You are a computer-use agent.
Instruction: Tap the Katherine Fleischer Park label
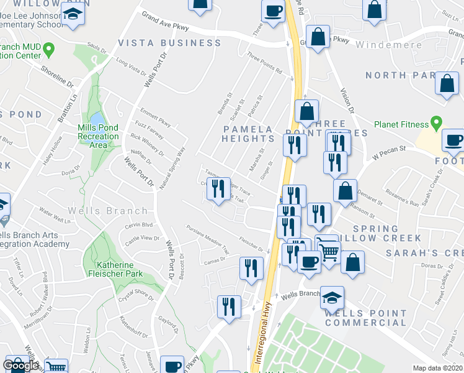pyautogui.click(x=115, y=269)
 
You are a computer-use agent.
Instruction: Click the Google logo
pyautogui.click(x=20, y=365)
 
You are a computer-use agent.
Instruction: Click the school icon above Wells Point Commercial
pyautogui.click(x=332, y=297)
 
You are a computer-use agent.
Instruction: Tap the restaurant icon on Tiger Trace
pyautogui.click(x=218, y=188)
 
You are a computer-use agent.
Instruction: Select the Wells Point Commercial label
pyautogui.click(x=365, y=318)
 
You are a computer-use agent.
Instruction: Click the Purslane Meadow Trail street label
pyautogui.click(x=208, y=239)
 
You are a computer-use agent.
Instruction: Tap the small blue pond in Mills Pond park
pyautogui.click(x=97, y=119)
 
